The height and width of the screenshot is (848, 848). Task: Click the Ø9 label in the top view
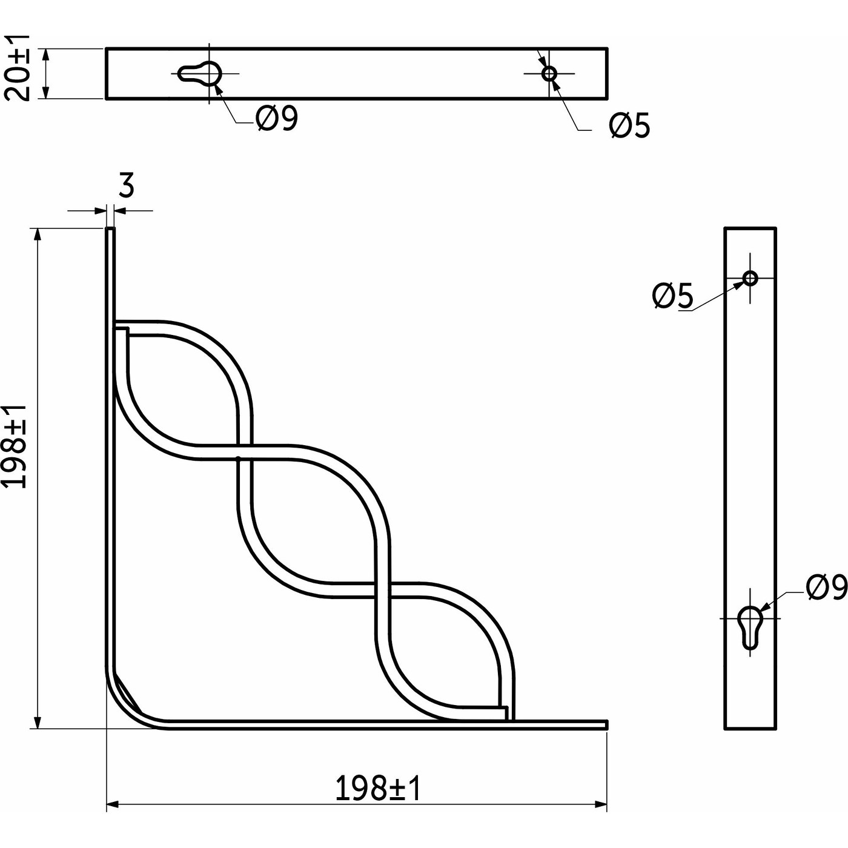point(276,119)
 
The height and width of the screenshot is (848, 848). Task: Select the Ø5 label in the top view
point(629,126)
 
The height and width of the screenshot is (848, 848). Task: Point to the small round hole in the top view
point(549,73)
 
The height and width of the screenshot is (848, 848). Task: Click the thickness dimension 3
point(125,186)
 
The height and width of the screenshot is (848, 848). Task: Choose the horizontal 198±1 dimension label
point(377,788)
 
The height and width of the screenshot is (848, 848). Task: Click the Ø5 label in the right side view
point(672,296)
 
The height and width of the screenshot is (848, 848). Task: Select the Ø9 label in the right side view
point(826,588)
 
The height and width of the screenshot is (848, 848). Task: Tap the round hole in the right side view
point(750,278)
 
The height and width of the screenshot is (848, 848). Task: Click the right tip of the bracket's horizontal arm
point(605,724)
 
